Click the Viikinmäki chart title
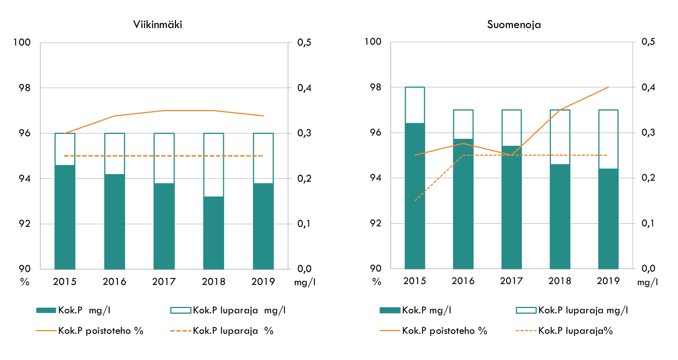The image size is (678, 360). (x=157, y=25)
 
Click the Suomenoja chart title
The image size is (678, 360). (x=514, y=25)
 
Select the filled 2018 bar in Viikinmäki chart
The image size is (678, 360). (x=214, y=233)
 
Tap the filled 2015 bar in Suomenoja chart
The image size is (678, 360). (x=415, y=196)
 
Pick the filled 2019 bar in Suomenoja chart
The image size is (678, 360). (x=608, y=219)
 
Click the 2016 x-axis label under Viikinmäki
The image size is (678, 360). (x=114, y=282)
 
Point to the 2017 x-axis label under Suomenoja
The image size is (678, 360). (x=511, y=281)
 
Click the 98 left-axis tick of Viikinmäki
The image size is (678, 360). (x=25, y=88)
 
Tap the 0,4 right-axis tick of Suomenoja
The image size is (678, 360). (x=648, y=87)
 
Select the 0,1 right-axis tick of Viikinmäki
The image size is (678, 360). (x=304, y=224)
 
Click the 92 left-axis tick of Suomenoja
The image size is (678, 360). (x=376, y=223)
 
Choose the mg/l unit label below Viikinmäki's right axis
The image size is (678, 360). (x=305, y=283)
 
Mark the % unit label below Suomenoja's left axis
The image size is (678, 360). (x=376, y=282)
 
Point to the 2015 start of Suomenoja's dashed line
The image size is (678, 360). (x=415, y=201)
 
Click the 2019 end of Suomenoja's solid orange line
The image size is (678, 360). (x=609, y=87)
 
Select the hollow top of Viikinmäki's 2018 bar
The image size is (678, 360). (x=214, y=165)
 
